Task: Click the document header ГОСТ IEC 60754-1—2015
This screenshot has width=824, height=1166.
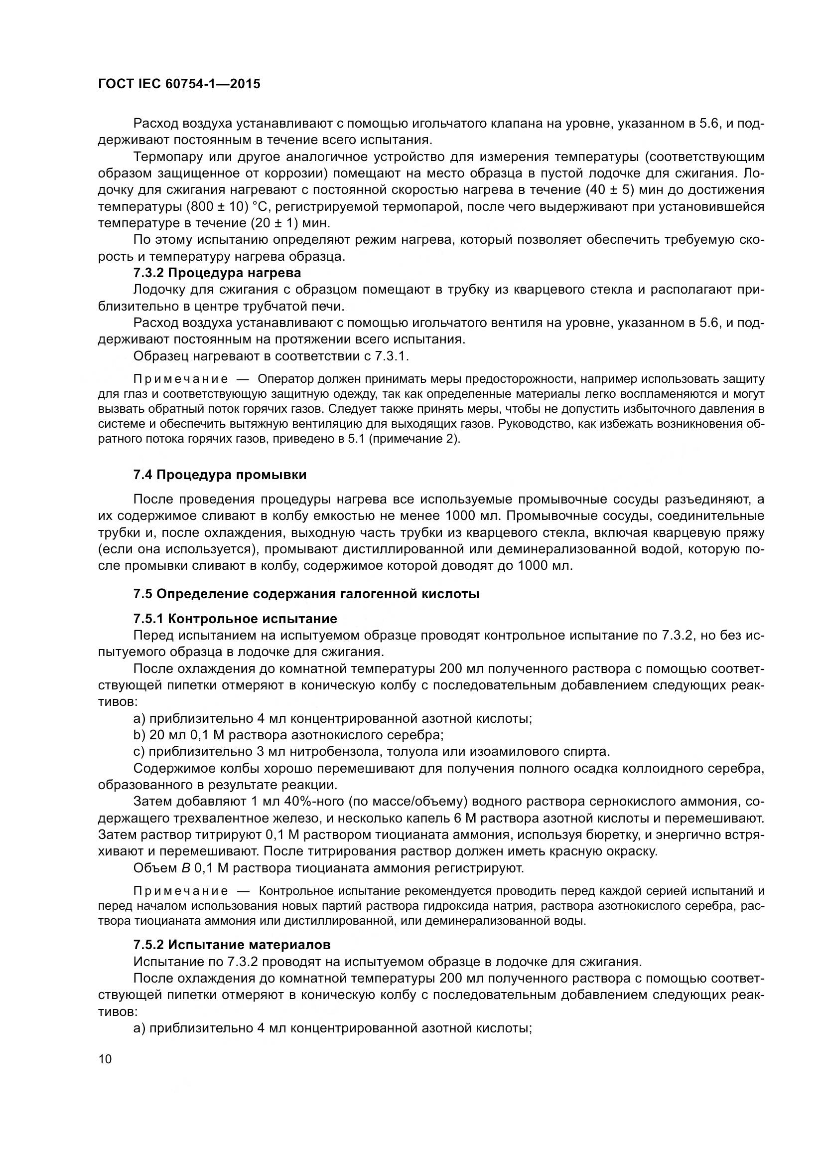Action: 179,84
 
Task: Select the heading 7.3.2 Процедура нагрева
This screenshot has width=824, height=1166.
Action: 217,273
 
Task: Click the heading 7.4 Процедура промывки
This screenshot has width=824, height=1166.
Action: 220,475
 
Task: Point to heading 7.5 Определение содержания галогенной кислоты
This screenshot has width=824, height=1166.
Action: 306,594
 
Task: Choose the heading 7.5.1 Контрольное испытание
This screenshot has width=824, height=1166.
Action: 235,619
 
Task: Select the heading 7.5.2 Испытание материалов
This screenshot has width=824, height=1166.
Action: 232,945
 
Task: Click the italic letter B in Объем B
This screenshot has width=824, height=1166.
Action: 186,868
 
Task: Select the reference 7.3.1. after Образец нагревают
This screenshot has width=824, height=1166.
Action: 392,356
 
